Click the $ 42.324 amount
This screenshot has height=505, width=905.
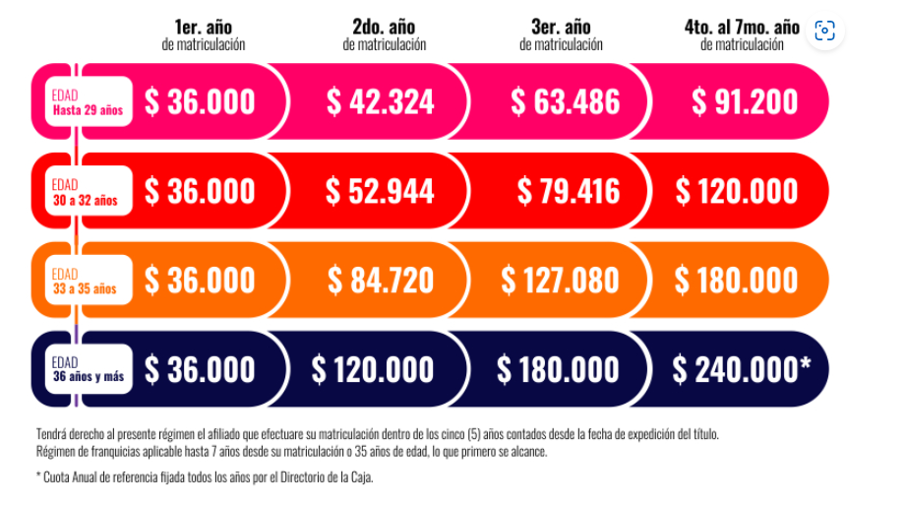(x=380, y=101)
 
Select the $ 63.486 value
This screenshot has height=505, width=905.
(x=565, y=101)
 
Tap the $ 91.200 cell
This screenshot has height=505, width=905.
(x=744, y=101)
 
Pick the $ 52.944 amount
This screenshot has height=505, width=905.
(x=380, y=191)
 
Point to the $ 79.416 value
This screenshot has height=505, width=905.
(x=568, y=191)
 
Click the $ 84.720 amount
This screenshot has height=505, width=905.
(x=380, y=281)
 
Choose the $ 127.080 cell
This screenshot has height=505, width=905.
(x=560, y=281)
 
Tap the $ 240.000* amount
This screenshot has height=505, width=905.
(x=742, y=369)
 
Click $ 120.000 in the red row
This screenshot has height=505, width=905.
(x=737, y=191)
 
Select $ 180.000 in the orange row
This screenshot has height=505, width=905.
(x=737, y=281)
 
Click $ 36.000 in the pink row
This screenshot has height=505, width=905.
(x=200, y=101)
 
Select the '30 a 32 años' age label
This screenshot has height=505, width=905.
(x=85, y=201)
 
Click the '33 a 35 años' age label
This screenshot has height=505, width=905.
(x=85, y=289)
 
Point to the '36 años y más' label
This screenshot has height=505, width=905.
(x=90, y=378)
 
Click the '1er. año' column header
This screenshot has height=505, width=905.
(x=203, y=26)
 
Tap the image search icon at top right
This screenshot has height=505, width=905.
(x=824, y=31)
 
